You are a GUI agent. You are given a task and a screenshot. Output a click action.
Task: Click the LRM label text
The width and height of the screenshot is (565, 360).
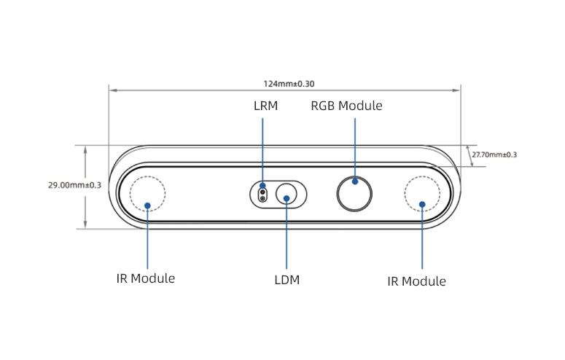[265, 106]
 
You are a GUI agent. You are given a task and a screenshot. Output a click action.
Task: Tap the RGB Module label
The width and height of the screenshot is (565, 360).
[346, 106]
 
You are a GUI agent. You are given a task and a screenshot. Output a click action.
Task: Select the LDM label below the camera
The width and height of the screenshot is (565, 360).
[287, 279]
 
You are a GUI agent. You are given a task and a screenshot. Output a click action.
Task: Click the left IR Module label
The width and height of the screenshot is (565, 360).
[146, 278]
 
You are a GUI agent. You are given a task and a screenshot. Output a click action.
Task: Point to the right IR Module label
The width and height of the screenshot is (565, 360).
[416, 281]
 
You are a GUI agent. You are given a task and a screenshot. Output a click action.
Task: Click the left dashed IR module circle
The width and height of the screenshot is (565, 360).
[147, 193]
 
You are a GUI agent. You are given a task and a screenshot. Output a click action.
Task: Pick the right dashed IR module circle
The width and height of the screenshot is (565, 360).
[422, 193]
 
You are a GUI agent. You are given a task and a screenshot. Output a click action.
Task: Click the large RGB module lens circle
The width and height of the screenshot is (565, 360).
[355, 192]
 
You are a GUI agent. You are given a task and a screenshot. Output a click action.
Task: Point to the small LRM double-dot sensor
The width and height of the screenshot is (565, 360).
[262, 195]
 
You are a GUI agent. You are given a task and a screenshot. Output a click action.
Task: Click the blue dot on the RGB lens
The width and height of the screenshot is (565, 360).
[355, 181]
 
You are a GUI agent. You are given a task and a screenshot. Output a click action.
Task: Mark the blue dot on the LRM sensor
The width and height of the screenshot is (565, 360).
[262, 187]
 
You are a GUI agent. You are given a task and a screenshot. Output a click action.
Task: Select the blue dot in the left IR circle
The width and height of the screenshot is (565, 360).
[147, 205]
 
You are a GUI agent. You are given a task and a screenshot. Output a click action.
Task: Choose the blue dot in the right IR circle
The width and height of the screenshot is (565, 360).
[422, 204]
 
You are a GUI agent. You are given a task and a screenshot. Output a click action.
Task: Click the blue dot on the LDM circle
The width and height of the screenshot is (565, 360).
[287, 197]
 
